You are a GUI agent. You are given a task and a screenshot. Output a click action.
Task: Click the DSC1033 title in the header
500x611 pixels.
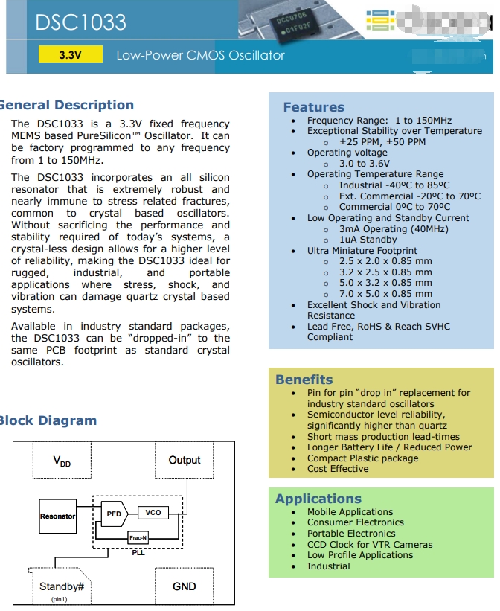81,22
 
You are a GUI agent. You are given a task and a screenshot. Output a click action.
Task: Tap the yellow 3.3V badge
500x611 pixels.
70,55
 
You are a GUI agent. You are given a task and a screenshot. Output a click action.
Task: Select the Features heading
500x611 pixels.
313,107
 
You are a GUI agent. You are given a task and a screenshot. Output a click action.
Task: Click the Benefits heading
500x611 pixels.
304,380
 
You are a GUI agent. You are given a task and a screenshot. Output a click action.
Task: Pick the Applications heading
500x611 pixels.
318,499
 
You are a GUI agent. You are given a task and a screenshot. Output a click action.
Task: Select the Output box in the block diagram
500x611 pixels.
185,461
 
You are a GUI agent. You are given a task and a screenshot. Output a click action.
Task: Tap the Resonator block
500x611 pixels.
57,516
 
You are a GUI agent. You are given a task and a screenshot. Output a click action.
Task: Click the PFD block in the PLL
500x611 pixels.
113,514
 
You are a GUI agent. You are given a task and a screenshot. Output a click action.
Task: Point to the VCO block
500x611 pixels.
153,513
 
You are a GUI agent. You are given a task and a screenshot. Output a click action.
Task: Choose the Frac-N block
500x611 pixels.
138,537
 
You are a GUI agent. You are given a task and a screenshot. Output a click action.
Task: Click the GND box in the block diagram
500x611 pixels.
184,586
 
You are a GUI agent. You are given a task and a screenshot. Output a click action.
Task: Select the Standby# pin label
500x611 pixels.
61,586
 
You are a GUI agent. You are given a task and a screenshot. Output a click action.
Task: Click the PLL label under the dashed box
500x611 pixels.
138,553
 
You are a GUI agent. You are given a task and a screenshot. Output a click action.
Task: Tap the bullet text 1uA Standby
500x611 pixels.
368,240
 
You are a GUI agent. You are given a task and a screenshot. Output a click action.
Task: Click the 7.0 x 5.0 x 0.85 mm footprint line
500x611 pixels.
385,294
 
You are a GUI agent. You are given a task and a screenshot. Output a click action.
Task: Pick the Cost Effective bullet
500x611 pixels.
338,469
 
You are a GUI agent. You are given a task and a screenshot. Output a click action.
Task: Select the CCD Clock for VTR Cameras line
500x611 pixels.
370,544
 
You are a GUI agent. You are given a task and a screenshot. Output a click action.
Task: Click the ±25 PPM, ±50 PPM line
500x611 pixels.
382,141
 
